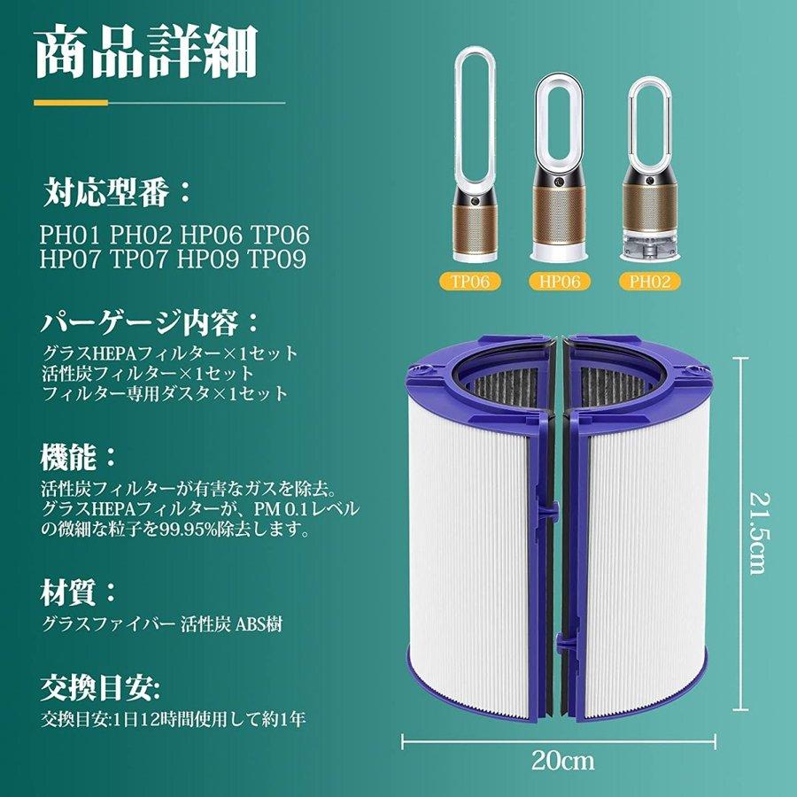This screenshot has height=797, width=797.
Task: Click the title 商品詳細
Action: pos(146,55)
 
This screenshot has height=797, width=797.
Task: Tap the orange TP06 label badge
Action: pos(470,282)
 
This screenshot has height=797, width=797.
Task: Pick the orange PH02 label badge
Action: pos(648,282)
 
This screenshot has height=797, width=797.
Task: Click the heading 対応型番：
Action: pos(116,190)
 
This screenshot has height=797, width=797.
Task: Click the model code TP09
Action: pos(277,259)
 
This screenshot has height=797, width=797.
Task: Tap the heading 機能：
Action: pos(79,457)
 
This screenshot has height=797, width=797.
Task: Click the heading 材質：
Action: pos(79,591)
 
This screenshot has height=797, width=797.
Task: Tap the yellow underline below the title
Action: pos(159,103)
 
